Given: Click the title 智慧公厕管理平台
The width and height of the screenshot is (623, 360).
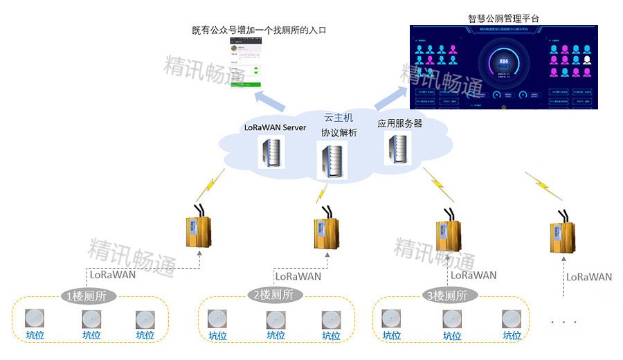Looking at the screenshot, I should (x=503, y=18).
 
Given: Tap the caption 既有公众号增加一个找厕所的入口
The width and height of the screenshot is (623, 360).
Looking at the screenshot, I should (x=259, y=30).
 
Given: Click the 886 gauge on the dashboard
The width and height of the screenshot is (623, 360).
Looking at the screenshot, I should (x=503, y=64).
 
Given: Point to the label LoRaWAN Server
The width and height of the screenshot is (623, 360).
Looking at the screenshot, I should (x=275, y=127).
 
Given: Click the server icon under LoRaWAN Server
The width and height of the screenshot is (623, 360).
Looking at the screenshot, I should (x=271, y=152).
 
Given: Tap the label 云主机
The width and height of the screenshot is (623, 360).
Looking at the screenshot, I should (x=338, y=118).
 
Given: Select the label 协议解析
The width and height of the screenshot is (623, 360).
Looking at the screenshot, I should (x=338, y=132).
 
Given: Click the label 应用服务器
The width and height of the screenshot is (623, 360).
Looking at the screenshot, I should (x=399, y=123).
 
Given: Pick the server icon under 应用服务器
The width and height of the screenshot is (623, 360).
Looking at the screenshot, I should (x=397, y=147).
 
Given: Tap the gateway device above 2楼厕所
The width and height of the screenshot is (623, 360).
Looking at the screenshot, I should (x=326, y=232).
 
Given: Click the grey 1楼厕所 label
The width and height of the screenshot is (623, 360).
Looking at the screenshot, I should (x=88, y=296).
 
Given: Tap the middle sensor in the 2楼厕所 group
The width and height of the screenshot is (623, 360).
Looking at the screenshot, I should (x=276, y=319).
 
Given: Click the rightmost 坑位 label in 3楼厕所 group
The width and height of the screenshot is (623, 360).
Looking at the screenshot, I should (x=512, y=336).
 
